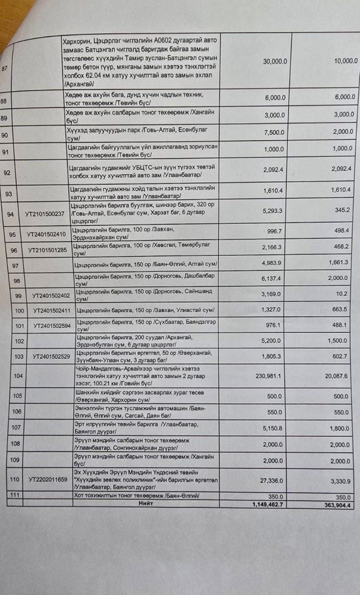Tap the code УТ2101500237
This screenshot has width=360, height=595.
click(46, 213)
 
